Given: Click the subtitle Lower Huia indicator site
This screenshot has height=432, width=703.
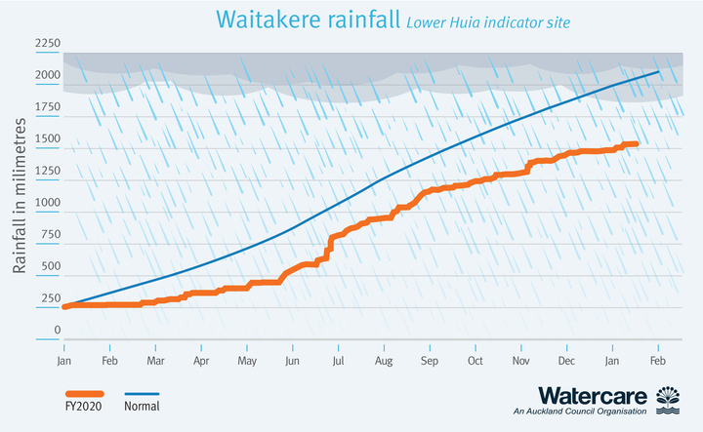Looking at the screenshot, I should (x=488, y=22).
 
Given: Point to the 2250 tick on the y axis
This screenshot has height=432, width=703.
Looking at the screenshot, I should (x=48, y=44).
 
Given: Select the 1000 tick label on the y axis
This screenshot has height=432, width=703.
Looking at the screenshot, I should (x=48, y=203).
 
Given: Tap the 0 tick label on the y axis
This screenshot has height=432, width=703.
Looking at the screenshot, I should (x=58, y=330).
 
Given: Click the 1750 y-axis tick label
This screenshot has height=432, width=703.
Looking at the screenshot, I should (x=48, y=107).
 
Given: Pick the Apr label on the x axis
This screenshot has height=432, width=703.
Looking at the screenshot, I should (x=201, y=360).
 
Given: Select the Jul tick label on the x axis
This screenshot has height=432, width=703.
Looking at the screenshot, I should (x=338, y=360).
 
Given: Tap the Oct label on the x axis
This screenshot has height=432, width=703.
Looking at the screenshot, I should (x=475, y=360).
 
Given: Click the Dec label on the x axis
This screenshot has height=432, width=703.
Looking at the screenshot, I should (x=566, y=360).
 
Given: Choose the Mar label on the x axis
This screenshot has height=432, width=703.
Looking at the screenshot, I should (x=155, y=360).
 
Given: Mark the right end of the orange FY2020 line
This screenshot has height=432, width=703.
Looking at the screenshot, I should (x=637, y=144).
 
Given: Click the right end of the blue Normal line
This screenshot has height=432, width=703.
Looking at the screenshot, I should (x=657, y=72).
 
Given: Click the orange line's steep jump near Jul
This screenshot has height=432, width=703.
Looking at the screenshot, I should (x=330, y=243).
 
